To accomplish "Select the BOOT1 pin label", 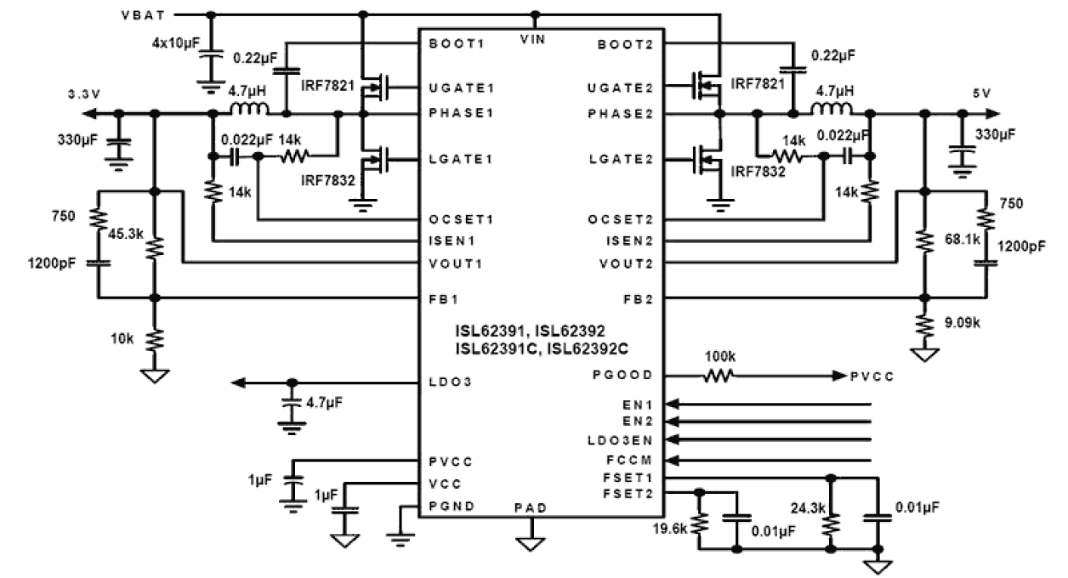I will point(457,43).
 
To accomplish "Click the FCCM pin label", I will point(632,461).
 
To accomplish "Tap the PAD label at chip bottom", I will point(530,507).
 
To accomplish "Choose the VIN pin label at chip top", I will point(536,39).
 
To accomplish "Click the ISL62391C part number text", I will point(486,347).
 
